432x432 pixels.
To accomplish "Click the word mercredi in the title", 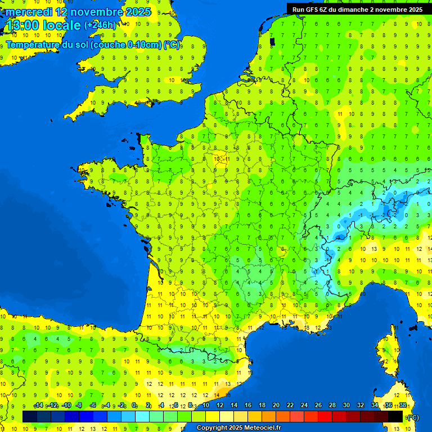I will tap(29, 12).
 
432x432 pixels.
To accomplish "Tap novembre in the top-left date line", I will tap(96, 12).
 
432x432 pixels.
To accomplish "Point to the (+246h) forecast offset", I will tap(101, 25).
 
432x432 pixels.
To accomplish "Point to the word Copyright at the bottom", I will tap(213, 428).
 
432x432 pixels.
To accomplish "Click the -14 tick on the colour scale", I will tap(38, 406).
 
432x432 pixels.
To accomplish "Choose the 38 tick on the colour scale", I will tap(403, 406).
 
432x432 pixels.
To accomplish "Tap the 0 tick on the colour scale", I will tap(134, 406).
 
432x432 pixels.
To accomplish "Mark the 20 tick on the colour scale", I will tap(276, 406).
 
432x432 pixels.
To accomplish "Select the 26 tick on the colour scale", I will tap(318, 406).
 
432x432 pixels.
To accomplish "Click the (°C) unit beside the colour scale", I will tap(412, 417).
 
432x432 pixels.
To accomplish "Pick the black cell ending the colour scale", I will tap(395, 416).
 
